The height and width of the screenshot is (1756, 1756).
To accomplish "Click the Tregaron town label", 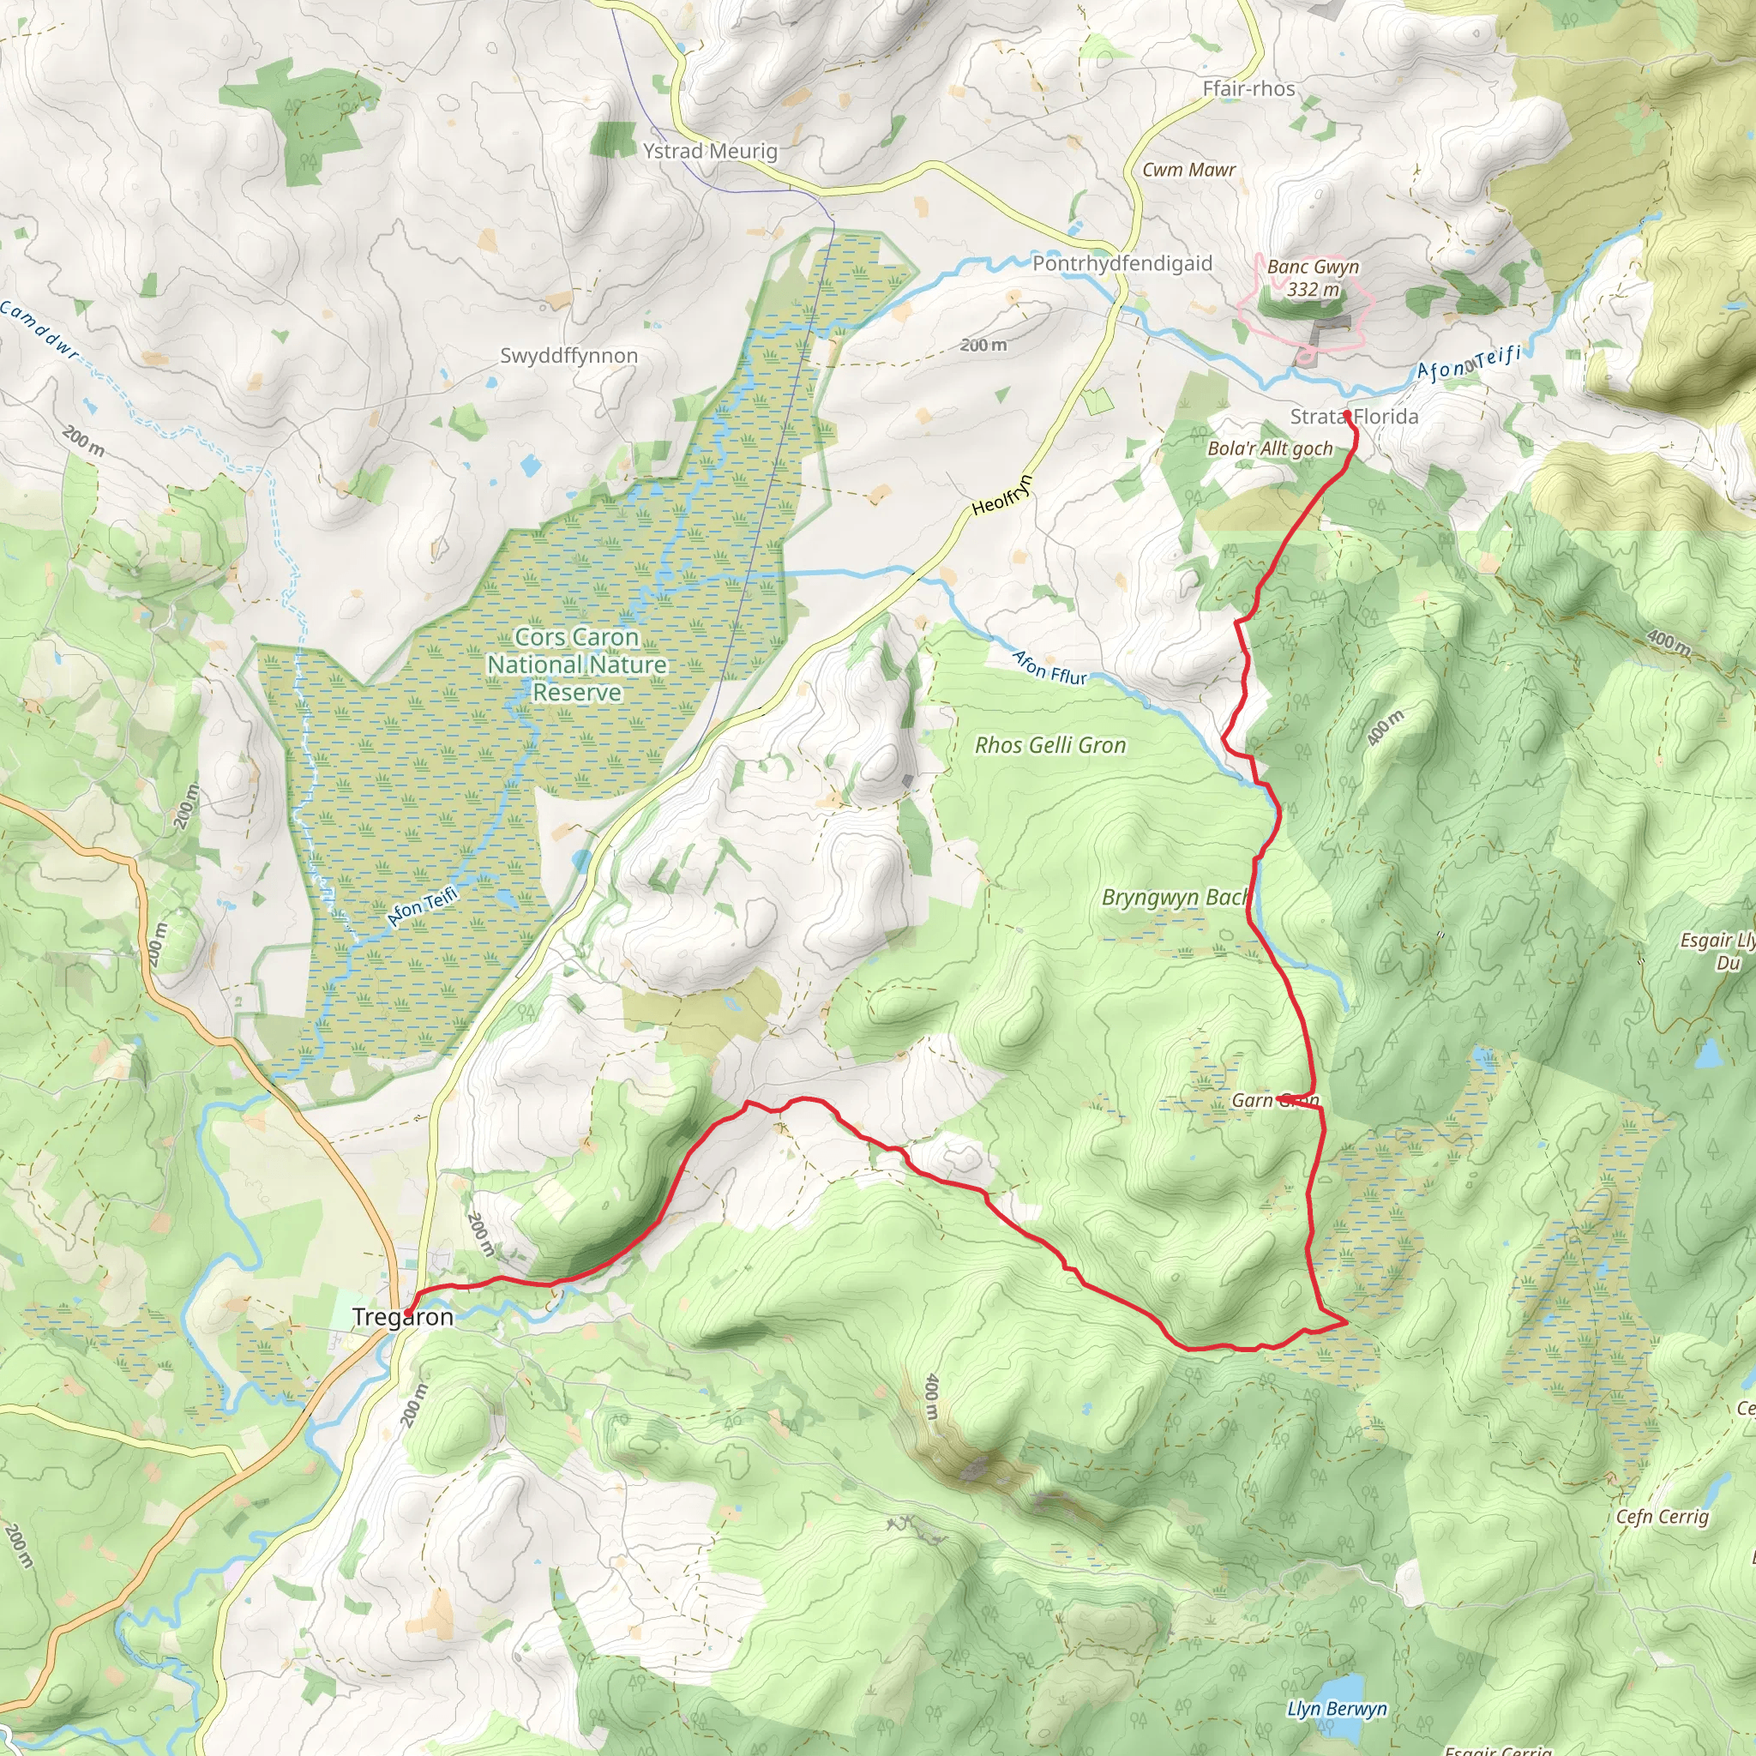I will pyautogui.click(x=402, y=1317).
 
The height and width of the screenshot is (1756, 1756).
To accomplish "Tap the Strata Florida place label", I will pyautogui.click(x=1353, y=416).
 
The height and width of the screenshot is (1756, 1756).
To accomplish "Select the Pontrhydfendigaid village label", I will pyautogui.click(x=1122, y=263).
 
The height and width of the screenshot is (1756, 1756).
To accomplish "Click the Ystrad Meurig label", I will pyautogui.click(x=710, y=151).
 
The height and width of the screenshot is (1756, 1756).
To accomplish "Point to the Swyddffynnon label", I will pyautogui.click(x=568, y=355).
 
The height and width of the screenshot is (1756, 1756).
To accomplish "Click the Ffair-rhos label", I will pyautogui.click(x=1248, y=89).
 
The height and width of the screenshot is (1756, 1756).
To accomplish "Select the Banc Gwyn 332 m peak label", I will pyautogui.click(x=1313, y=277).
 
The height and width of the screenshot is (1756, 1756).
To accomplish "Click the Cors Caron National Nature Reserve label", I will pyautogui.click(x=576, y=665).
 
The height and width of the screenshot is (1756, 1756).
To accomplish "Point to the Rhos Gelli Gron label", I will pyautogui.click(x=1049, y=745).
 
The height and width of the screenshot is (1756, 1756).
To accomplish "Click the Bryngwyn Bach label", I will pyautogui.click(x=1175, y=898).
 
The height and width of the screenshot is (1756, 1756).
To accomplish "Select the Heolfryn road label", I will pyautogui.click(x=1002, y=496).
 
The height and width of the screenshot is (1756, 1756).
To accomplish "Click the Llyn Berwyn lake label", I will pyautogui.click(x=1336, y=1709).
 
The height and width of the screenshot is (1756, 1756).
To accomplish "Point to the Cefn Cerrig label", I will pyautogui.click(x=1662, y=1516).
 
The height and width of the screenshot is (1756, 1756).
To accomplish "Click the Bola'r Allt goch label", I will pyautogui.click(x=1269, y=448).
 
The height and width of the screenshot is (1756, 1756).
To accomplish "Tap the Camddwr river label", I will pyautogui.click(x=39, y=329).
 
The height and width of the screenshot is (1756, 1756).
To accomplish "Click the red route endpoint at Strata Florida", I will pyautogui.click(x=1346, y=413).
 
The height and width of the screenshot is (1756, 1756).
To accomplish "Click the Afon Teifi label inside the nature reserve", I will pyautogui.click(x=422, y=907).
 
